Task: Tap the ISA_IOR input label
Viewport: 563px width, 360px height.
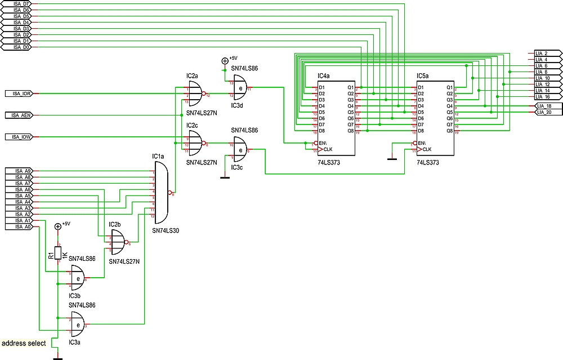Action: coord(22,94)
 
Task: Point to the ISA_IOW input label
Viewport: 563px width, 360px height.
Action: coord(22,137)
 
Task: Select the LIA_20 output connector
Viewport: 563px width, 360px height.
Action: coord(546,112)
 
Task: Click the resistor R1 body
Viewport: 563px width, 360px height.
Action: coord(57,254)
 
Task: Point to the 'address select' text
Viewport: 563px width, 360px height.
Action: coord(24,343)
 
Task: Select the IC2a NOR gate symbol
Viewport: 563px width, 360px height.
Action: coord(195,93)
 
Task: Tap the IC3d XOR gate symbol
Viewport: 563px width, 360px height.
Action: coord(240,88)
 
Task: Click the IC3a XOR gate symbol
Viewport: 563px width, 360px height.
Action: coord(77,324)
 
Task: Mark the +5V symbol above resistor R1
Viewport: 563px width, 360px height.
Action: coord(57,226)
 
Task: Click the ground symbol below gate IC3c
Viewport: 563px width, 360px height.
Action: coord(225,177)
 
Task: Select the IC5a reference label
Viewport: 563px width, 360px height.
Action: coord(422,75)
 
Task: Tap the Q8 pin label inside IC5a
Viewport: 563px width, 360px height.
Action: coord(449,131)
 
